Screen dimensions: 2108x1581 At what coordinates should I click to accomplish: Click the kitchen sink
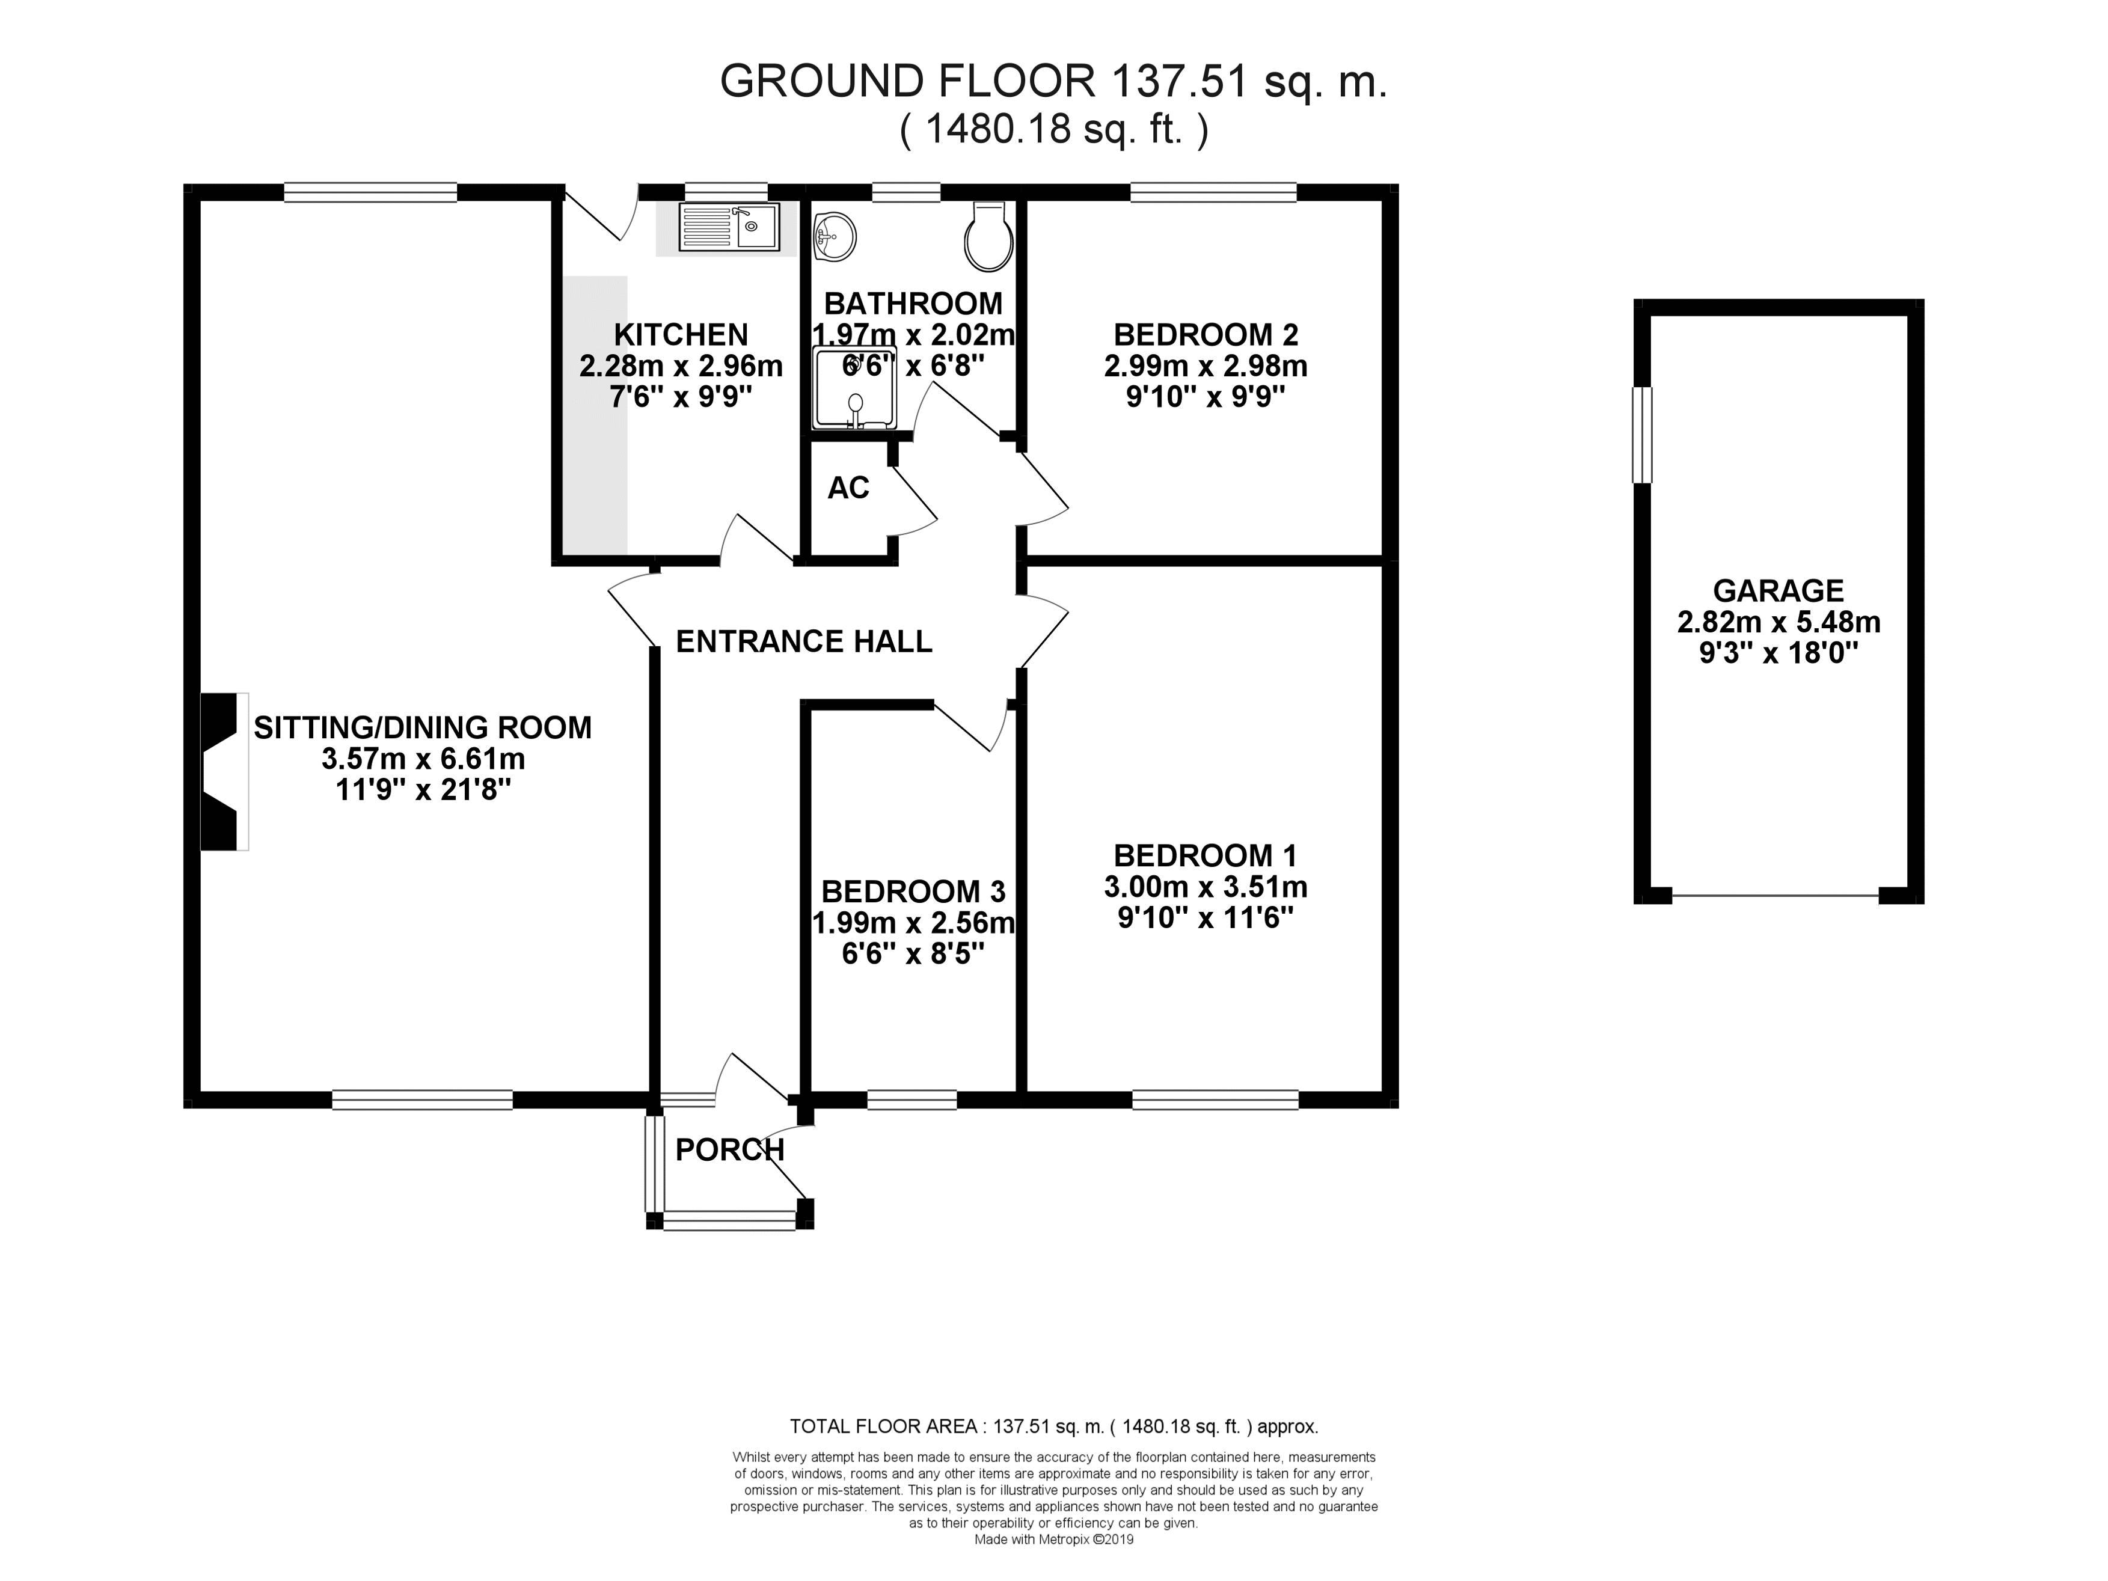tap(729, 227)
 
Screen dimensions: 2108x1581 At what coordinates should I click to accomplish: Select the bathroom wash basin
tap(835, 234)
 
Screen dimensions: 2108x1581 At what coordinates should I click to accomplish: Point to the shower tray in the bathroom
tap(855, 387)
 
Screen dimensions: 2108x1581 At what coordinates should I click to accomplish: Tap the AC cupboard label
tap(848, 488)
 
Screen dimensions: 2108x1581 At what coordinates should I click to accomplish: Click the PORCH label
tap(730, 1150)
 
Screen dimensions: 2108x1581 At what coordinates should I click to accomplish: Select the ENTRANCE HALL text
tap(803, 641)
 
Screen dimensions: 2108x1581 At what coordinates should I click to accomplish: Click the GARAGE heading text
tap(1779, 591)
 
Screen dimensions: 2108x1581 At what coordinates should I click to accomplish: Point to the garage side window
tap(1642, 435)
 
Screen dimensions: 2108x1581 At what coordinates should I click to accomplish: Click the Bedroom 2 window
tap(1213, 192)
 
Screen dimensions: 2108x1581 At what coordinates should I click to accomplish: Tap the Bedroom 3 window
tap(912, 1099)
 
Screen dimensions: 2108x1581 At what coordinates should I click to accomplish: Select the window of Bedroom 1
tap(1215, 1099)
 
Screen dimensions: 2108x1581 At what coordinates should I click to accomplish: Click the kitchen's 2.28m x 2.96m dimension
tap(681, 366)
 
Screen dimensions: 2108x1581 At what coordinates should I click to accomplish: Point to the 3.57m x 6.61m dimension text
tap(423, 759)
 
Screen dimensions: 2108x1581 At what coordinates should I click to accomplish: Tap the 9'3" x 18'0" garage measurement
tap(1779, 654)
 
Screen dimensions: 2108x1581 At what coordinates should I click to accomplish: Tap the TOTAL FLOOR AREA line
tap(1054, 1427)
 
